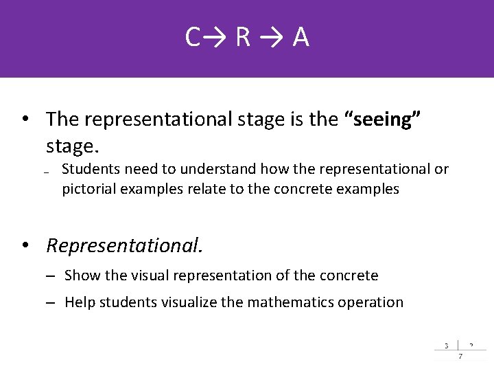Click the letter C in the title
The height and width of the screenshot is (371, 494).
coord(192,38)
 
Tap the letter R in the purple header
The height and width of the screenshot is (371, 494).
coord(243,38)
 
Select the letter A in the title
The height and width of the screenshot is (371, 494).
coord(301,38)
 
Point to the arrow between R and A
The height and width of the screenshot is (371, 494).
coord(272,38)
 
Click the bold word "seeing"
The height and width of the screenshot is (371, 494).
coord(381,120)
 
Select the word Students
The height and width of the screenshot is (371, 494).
coord(90,169)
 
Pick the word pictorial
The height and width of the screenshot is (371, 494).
coord(89,189)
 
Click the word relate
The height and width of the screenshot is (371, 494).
coord(205,189)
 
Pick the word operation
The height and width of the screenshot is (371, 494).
coord(372,302)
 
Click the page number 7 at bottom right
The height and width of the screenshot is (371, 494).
coord(460,356)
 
